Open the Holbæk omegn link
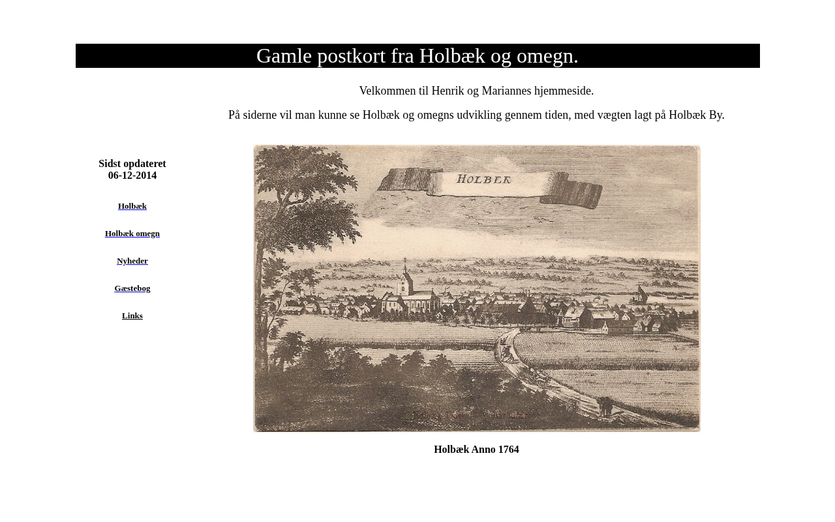click(x=132, y=234)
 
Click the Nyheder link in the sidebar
click(x=132, y=261)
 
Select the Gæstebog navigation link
click(x=132, y=288)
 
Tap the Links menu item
click(x=132, y=316)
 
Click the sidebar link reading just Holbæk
click(x=132, y=206)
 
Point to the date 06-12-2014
click(x=132, y=176)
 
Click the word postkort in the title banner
click(x=352, y=56)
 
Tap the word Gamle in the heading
click(x=284, y=56)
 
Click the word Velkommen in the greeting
click(x=387, y=91)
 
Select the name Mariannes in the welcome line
click(x=506, y=91)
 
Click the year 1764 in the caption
click(x=508, y=450)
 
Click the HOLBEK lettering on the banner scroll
click(x=483, y=179)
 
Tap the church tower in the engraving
click(x=405, y=281)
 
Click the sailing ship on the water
click(x=640, y=295)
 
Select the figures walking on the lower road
click(x=605, y=406)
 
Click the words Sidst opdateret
click(x=132, y=164)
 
